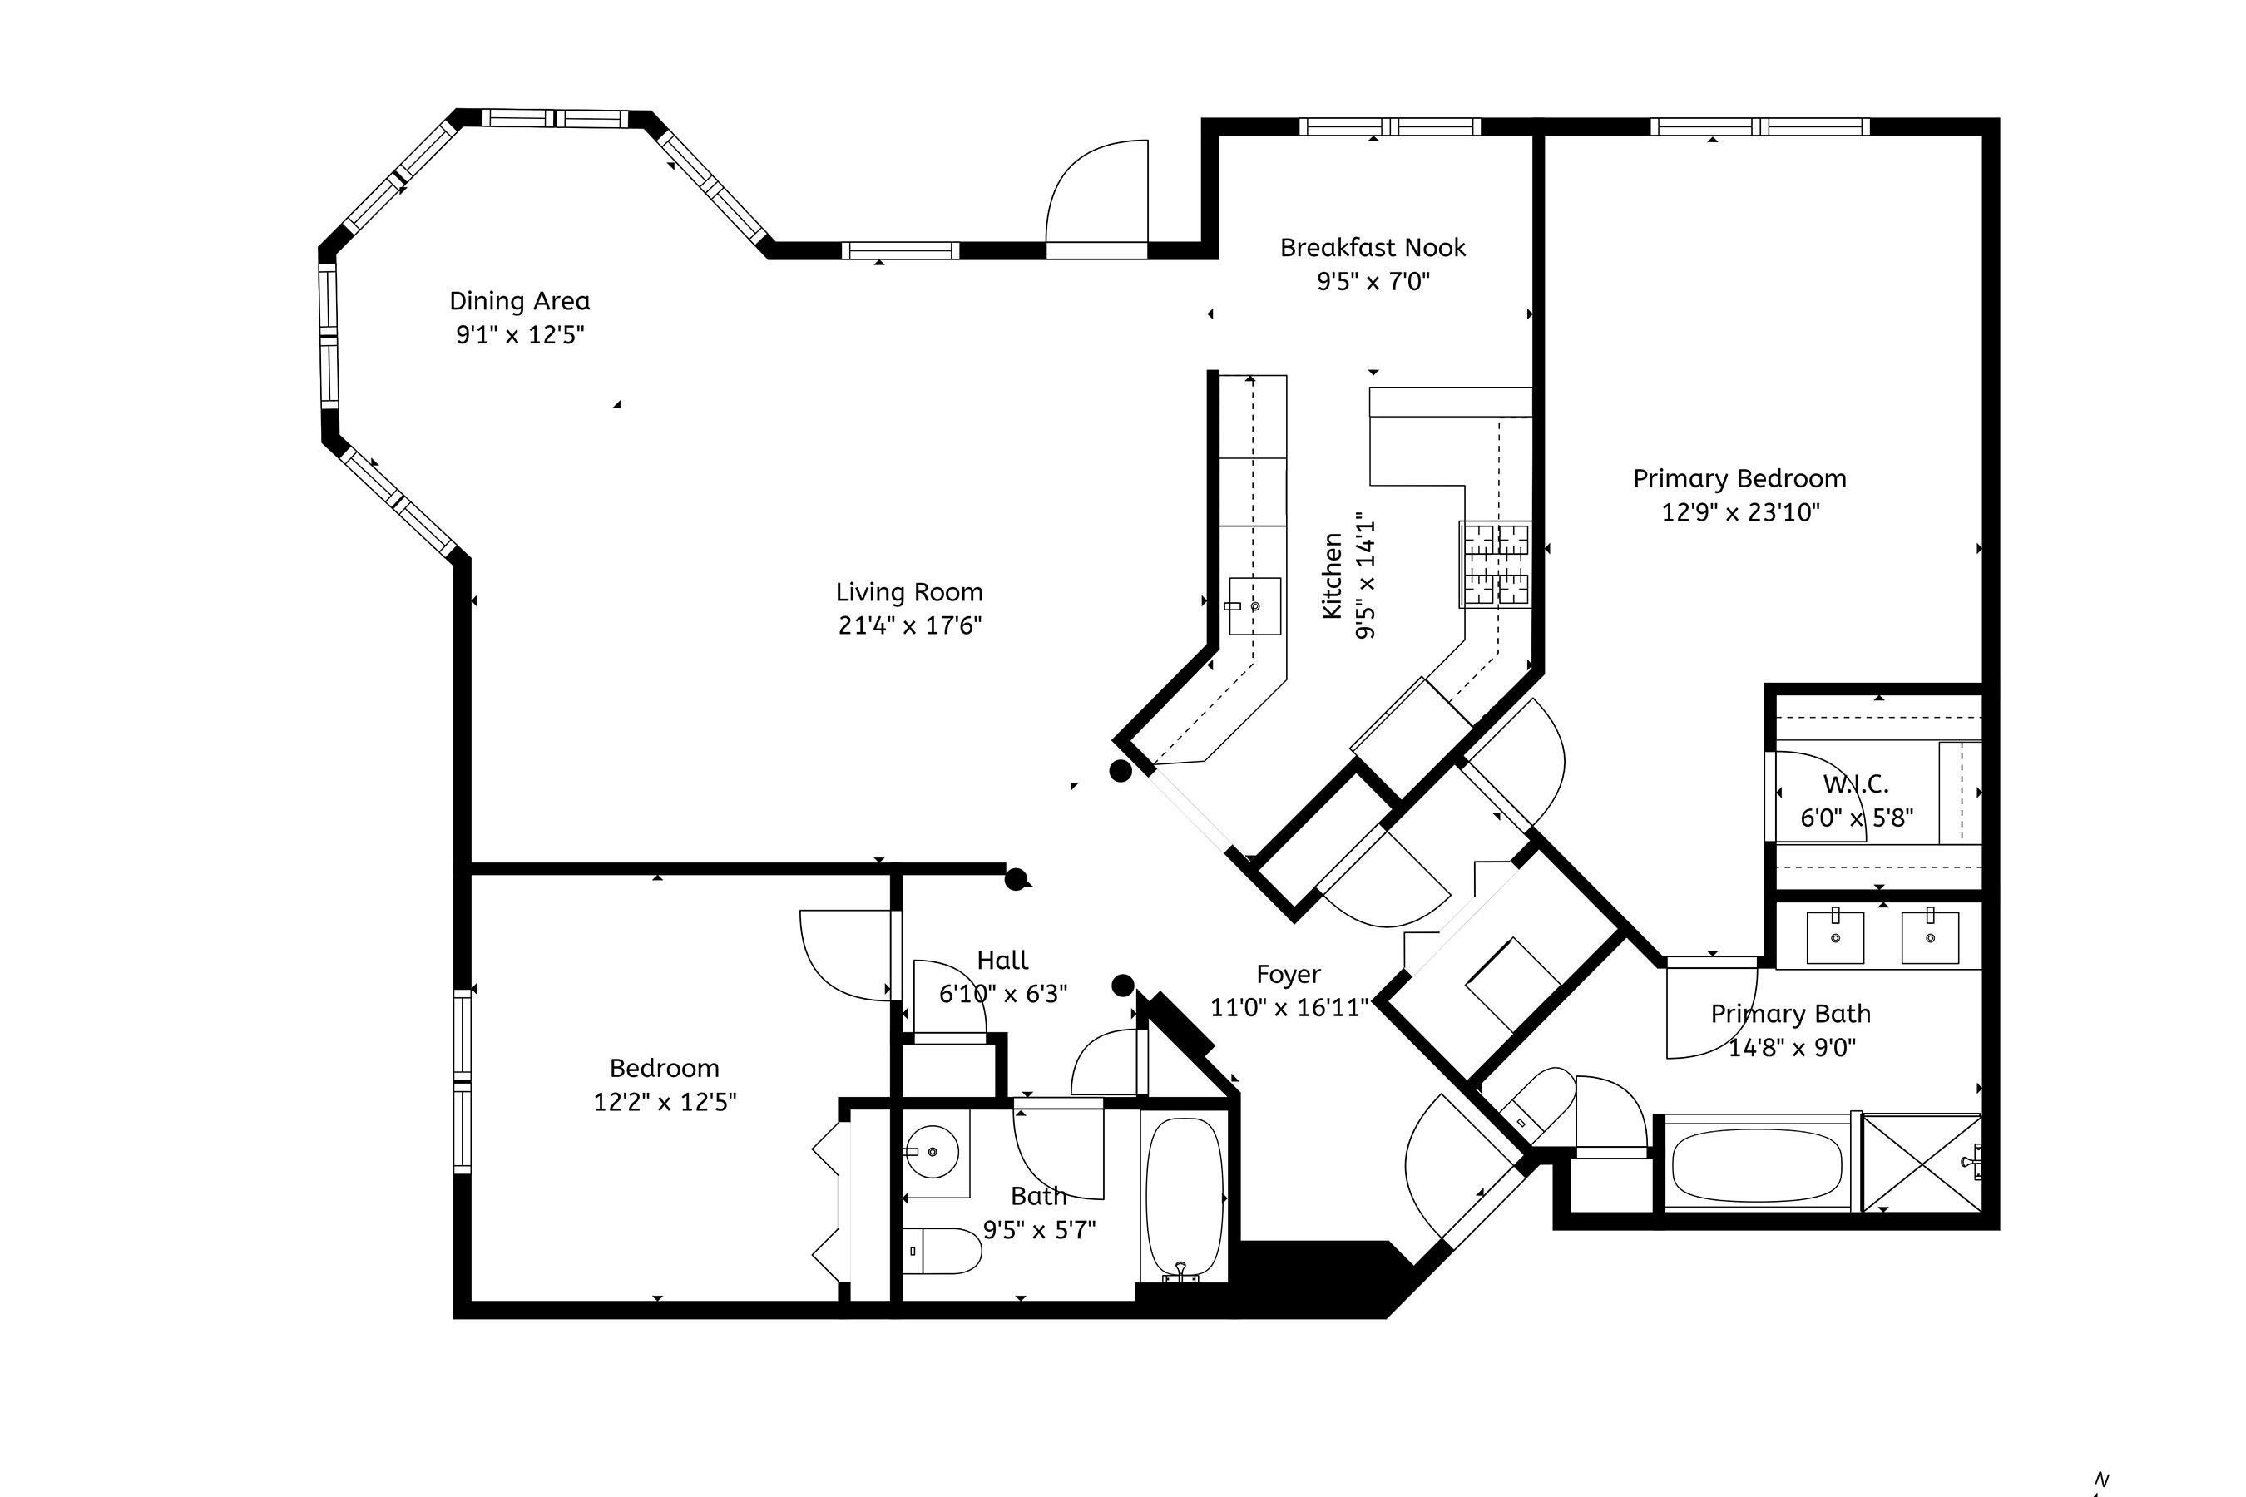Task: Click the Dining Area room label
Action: click(x=519, y=302)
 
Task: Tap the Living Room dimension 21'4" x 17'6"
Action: click(x=909, y=626)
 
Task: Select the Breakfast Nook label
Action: click(x=1373, y=248)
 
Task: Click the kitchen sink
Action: click(x=1254, y=605)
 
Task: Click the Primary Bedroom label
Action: click(x=1739, y=478)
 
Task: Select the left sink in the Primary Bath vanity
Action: click(x=1835, y=937)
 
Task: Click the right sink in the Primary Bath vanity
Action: click(x=1930, y=937)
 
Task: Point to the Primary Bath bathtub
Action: click(x=1756, y=1165)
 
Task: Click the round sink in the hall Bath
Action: click(x=932, y=1153)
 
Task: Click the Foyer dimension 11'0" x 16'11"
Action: click(x=1289, y=1008)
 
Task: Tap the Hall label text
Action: click(x=1002, y=961)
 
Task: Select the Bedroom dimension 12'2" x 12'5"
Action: click(x=665, y=1103)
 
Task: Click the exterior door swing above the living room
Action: click(x=1098, y=195)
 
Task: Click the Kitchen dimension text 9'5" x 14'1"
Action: click(x=1366, y=580)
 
